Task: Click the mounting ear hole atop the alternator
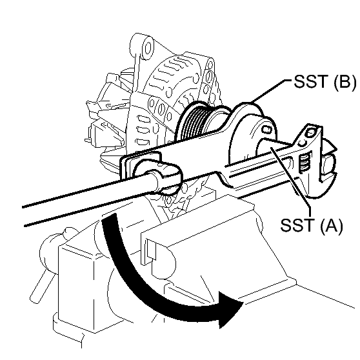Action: tap(148, 46)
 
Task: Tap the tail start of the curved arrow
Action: tap(110, 223)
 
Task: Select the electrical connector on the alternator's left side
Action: tap(97, 132)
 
